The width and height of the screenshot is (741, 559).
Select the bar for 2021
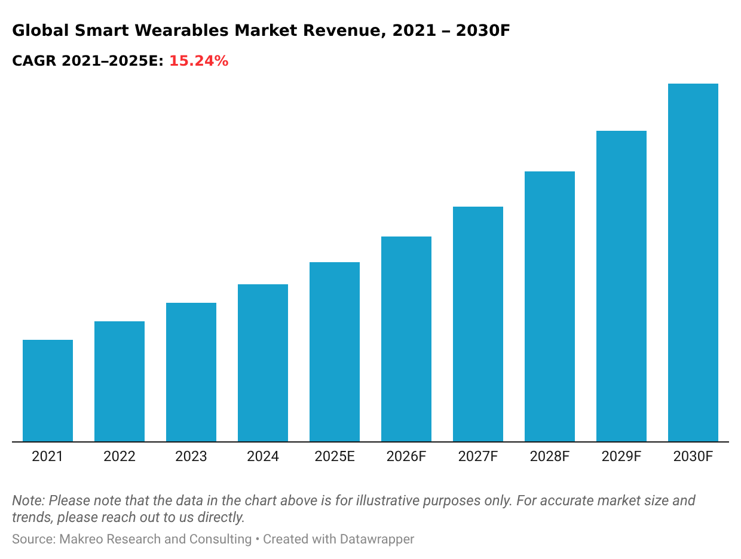click(48, 391)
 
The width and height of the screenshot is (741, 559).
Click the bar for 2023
click(191, 372)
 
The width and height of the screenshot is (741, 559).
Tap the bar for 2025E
click(335, 352)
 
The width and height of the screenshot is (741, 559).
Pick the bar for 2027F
click(478, 324)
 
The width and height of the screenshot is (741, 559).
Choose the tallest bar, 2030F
click(693, 263)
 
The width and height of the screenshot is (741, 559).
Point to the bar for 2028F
click(550, 306)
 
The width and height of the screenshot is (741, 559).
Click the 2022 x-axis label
click(120, 457)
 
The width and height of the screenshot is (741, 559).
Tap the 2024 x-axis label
click(263, 457)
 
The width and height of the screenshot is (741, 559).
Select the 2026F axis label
click(406, 457)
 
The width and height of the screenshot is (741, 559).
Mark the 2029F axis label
click(621, 457)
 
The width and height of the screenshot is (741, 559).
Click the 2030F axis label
click(693, 457)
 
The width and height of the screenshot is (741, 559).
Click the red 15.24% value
click(199, 61)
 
